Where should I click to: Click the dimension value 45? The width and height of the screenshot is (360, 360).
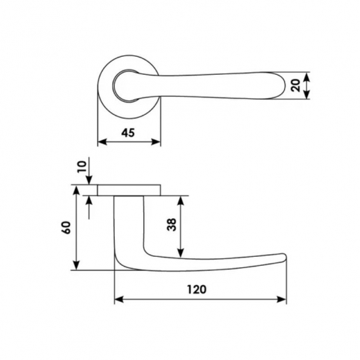pyautogui.click(x=128, y=133)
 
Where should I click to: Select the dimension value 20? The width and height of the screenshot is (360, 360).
pyautogui.click(x=296, y=85)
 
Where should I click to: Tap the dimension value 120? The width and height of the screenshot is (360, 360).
pyautogui.click(x=197, y=289)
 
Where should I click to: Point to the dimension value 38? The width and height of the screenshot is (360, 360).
pyautogui.click(x=172, y=224)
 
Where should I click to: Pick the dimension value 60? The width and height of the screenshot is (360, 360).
pyautogui.click(x=66, y=228)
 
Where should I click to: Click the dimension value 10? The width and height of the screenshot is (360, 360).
pyautogui.click(x=82, y=167)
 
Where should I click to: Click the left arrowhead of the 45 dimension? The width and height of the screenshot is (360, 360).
pyautogui.click(x=102, y=142)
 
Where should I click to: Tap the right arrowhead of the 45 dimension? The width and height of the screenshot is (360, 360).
pyautogui.click(x=156, y=142)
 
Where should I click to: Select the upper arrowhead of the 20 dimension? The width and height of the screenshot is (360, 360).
pyautogui.click(x=307, y=77)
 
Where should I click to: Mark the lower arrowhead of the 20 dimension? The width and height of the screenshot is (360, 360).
pyautogui.click(x=307, y=94)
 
